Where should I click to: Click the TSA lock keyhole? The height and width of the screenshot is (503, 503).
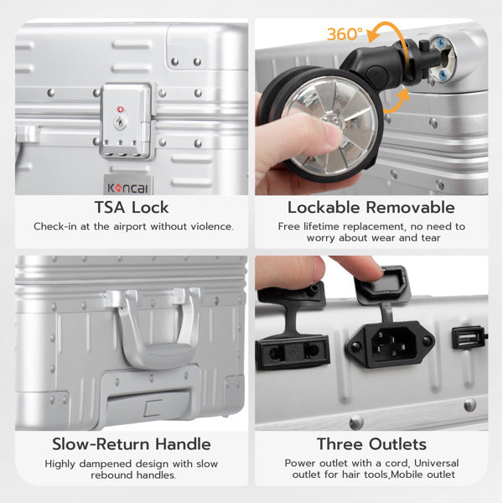pyautogui.click(x=120, y=123)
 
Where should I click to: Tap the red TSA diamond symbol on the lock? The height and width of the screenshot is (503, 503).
pyautogui.click(x=121, y=110)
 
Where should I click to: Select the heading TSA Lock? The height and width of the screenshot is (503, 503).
pyautogui.click(x=132, y=207)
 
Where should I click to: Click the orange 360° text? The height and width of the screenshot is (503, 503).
pyautogui.click(x=345, y=34)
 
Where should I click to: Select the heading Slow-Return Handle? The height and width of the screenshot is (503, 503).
pyautogui.click(x=132, y=444)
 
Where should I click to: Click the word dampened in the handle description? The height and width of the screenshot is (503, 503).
pyautogui.click(x=111, y=464)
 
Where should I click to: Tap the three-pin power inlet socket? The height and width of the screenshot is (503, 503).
pyautogui.click(x=391, y=344)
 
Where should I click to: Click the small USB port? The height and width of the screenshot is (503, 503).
pyautogui.click(x=468, y=338)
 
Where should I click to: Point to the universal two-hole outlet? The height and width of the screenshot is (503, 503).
pyautogui.click(x=293, y=351)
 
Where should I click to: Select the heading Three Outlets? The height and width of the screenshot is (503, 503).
pyautogui.click(x=371, y=444)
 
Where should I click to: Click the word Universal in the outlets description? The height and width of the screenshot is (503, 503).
pyautogui.click(x=436, y=464)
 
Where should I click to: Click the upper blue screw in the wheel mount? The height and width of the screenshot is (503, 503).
pyautogui.click(x=441, y=42)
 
